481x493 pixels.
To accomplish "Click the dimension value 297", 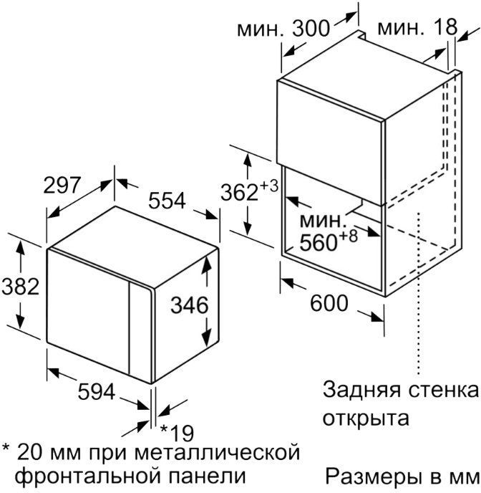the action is tap(62, 185).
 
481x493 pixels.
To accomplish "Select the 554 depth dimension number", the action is tap(167, 201).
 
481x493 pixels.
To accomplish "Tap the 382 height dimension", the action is tap(21, 287).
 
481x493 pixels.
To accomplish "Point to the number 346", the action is tap(190, 305).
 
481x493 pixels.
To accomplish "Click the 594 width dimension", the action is tap(97, 392).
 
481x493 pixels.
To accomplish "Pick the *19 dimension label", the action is tap(177, 434).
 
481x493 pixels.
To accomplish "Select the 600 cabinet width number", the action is tap(329, 303).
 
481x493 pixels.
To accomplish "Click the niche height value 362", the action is tap(239, 193).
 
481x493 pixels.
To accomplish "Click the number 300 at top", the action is tap(311, 28).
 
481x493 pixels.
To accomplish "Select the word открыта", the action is tap(366, 418).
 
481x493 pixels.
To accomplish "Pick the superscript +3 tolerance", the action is tap(268, 186).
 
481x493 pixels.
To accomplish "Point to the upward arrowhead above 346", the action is tap(206, 267).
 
